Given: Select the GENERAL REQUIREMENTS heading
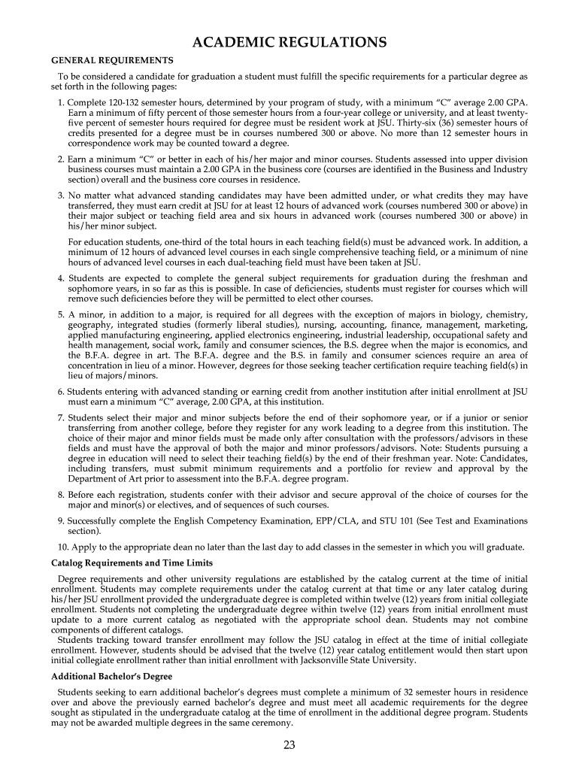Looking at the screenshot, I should click(112, 60).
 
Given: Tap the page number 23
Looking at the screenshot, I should click(289, 745).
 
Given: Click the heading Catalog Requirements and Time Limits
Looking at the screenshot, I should click(132, 563).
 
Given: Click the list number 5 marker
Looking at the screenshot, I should click(60, 314).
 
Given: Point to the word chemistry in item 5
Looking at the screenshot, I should click(505, 314).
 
